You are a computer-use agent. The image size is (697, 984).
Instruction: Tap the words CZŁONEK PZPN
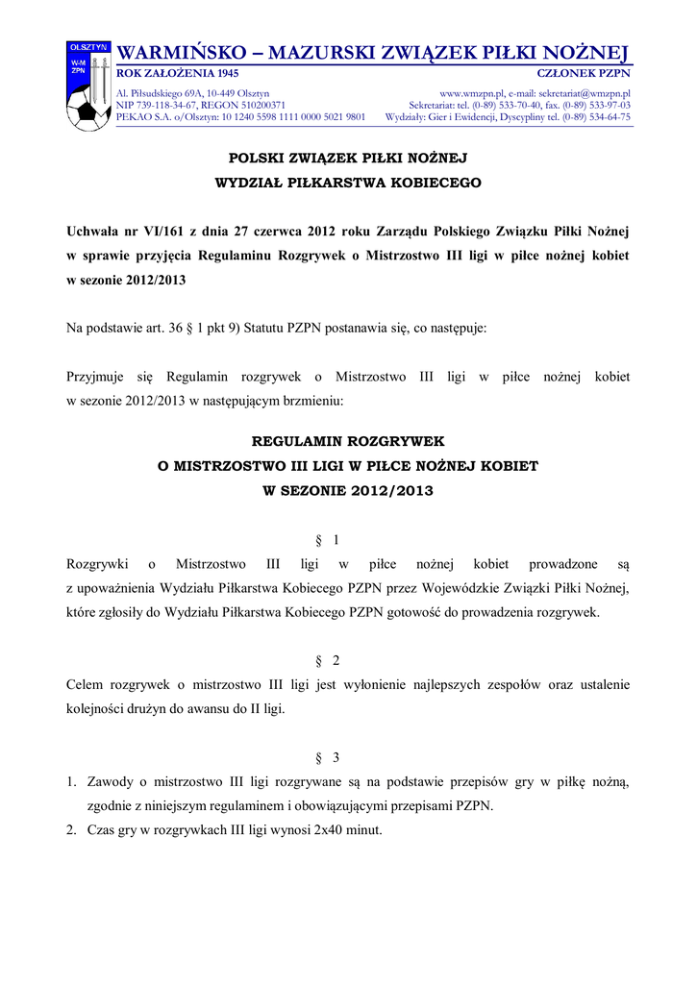(583, 73)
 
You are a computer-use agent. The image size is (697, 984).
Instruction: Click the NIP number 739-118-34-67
(164, 105)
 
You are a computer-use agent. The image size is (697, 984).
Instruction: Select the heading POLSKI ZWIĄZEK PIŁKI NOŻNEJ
(347, 156)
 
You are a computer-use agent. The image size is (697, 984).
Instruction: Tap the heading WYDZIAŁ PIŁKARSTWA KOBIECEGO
(347, 182)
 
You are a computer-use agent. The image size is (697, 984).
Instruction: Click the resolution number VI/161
(160, 232)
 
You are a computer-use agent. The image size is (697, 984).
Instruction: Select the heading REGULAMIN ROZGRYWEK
(347, 441)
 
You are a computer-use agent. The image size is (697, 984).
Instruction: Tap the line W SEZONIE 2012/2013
(347, 490)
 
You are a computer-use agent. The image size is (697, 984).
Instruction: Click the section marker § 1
(327, 540)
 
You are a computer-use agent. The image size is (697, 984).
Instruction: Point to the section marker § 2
(327, 660)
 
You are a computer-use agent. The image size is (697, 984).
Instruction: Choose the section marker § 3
(327, 757)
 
